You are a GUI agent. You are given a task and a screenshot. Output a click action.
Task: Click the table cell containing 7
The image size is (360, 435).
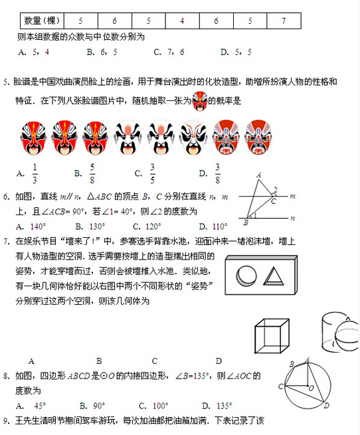click(x=284, y=21)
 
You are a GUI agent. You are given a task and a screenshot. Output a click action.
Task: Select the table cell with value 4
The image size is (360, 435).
click(x=181, y=21)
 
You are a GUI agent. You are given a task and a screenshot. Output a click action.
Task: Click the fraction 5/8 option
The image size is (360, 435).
click(x=92, y=174)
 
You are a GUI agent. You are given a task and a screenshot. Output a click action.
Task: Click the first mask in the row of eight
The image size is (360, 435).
click(x=33, y=137)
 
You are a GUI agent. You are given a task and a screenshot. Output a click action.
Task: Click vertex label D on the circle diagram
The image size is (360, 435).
click(x=326, y=405)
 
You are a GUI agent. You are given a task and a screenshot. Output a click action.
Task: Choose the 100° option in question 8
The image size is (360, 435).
click(x=153, y=405)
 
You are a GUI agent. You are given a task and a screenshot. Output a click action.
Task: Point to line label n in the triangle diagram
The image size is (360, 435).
click(x=292, y=217)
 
